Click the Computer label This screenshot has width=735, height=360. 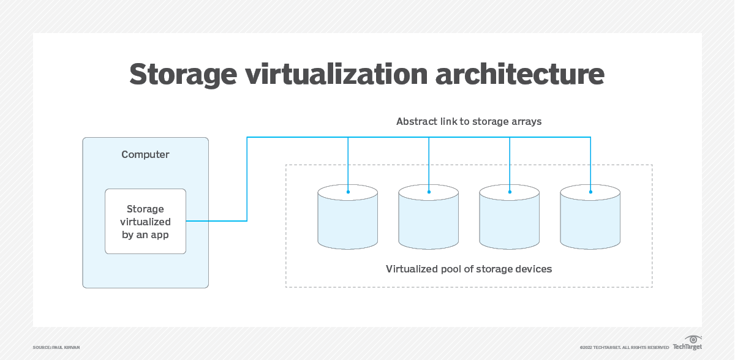[145, 154]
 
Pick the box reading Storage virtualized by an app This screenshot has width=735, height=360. [145, 221]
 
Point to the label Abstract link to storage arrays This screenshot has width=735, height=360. [469, 121]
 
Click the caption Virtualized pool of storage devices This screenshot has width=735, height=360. [469, 269]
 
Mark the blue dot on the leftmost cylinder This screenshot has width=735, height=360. [348, 192]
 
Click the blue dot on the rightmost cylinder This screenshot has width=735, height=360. [590, 192]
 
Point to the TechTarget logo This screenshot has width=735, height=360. [687, 343]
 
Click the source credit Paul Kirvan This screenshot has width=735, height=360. [56, 347]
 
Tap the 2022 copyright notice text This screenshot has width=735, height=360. [624, 347]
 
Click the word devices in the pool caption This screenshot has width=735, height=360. [533, 269]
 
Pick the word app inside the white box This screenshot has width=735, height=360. [159, 234]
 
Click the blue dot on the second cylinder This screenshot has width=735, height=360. [429, 192]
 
